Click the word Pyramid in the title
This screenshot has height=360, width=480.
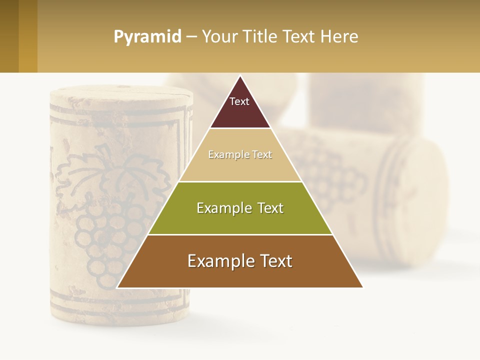click(147, 37)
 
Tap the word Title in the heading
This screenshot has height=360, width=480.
click(260, 37)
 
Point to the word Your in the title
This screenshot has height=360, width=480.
click(219, 37)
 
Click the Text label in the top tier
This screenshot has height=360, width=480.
click(239, 101)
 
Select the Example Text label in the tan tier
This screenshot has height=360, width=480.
click(240, 154)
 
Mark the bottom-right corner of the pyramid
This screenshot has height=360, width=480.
click(362, 287)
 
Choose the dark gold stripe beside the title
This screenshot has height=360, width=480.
click(28, 36)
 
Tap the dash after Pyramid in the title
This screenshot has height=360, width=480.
click(191, 37)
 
